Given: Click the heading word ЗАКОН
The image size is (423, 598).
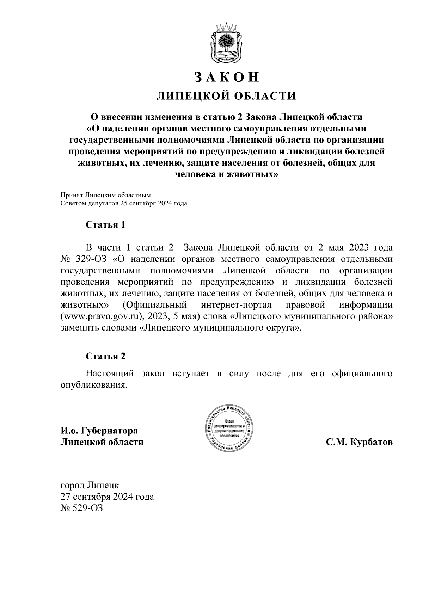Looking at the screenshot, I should coord(227,77).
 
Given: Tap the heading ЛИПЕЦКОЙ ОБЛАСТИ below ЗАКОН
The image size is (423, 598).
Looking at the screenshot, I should coord(226,96).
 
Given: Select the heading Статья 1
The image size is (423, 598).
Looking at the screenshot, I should coord(105,225).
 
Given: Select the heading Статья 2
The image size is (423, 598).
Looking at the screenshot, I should coord(105,356).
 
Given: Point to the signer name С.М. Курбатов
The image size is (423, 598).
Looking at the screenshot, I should coord(359,442).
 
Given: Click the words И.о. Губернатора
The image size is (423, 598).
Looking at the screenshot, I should coord(99,431).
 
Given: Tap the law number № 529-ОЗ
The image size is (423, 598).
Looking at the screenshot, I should coord(82,508).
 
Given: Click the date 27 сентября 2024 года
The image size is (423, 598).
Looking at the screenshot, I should coord(107,497).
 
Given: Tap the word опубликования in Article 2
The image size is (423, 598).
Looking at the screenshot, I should coord(93,385).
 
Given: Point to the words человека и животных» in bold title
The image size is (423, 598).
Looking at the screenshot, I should coord(226,175).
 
